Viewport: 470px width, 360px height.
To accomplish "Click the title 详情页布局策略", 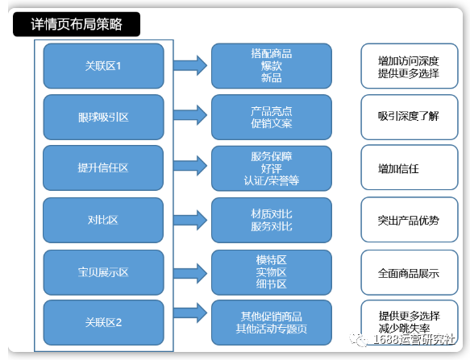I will [x=77, y=24].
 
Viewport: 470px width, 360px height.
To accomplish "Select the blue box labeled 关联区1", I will [x=103, y=66].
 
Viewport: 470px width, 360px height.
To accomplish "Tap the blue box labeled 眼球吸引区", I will [x=103, y=117].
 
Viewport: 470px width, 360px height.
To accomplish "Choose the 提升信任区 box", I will [x=103, y=168].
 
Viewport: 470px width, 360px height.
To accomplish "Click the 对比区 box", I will [x=103, y=219].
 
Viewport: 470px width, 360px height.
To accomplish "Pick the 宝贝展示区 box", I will [x=103, y=271].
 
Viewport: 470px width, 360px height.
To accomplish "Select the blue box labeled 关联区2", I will [x=103, y=322].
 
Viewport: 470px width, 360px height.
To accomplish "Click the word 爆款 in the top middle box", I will [x=271, y=66].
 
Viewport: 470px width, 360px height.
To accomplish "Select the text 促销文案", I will [x=271, y=123].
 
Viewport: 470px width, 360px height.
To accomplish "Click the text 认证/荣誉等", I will [x=271, y=180].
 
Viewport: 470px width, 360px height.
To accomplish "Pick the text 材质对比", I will [x=271, y=213].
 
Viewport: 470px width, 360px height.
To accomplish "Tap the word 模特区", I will [x=271, y=259].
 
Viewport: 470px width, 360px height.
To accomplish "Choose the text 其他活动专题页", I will [x=271, y=329].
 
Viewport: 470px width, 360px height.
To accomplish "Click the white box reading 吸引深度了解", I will [x=409, y=117].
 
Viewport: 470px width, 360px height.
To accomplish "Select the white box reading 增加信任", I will [x=409, y=168].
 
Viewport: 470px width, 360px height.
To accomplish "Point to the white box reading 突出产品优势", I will [x=409, y=219].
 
